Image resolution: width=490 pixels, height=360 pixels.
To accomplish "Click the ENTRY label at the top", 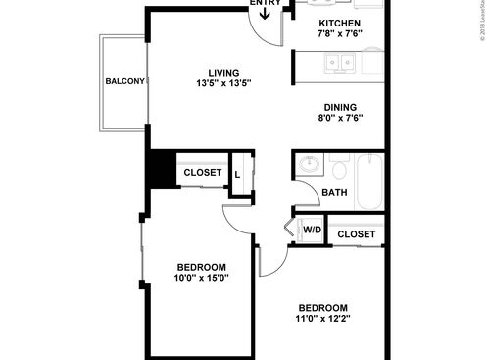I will click(265, 4).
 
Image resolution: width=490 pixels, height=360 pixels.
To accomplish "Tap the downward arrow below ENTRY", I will click(265, 17).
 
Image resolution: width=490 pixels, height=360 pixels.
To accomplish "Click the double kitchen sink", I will click(340, 64).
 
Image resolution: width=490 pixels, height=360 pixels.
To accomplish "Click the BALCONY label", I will click(124, 81).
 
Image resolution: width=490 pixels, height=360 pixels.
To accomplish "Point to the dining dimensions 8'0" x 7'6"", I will click(340, 119).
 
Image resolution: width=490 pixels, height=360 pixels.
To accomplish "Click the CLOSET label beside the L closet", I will click(203, 174).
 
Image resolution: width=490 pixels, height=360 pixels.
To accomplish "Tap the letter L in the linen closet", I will click(238, 175).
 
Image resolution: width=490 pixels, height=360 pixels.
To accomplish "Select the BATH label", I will click(334, 193).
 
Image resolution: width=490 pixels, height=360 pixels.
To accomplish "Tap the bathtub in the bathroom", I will click(370, 180).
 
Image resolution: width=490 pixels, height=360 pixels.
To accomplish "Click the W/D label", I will click(312, 231).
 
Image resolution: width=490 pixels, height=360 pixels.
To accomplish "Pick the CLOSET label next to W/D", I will click(356, 234).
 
